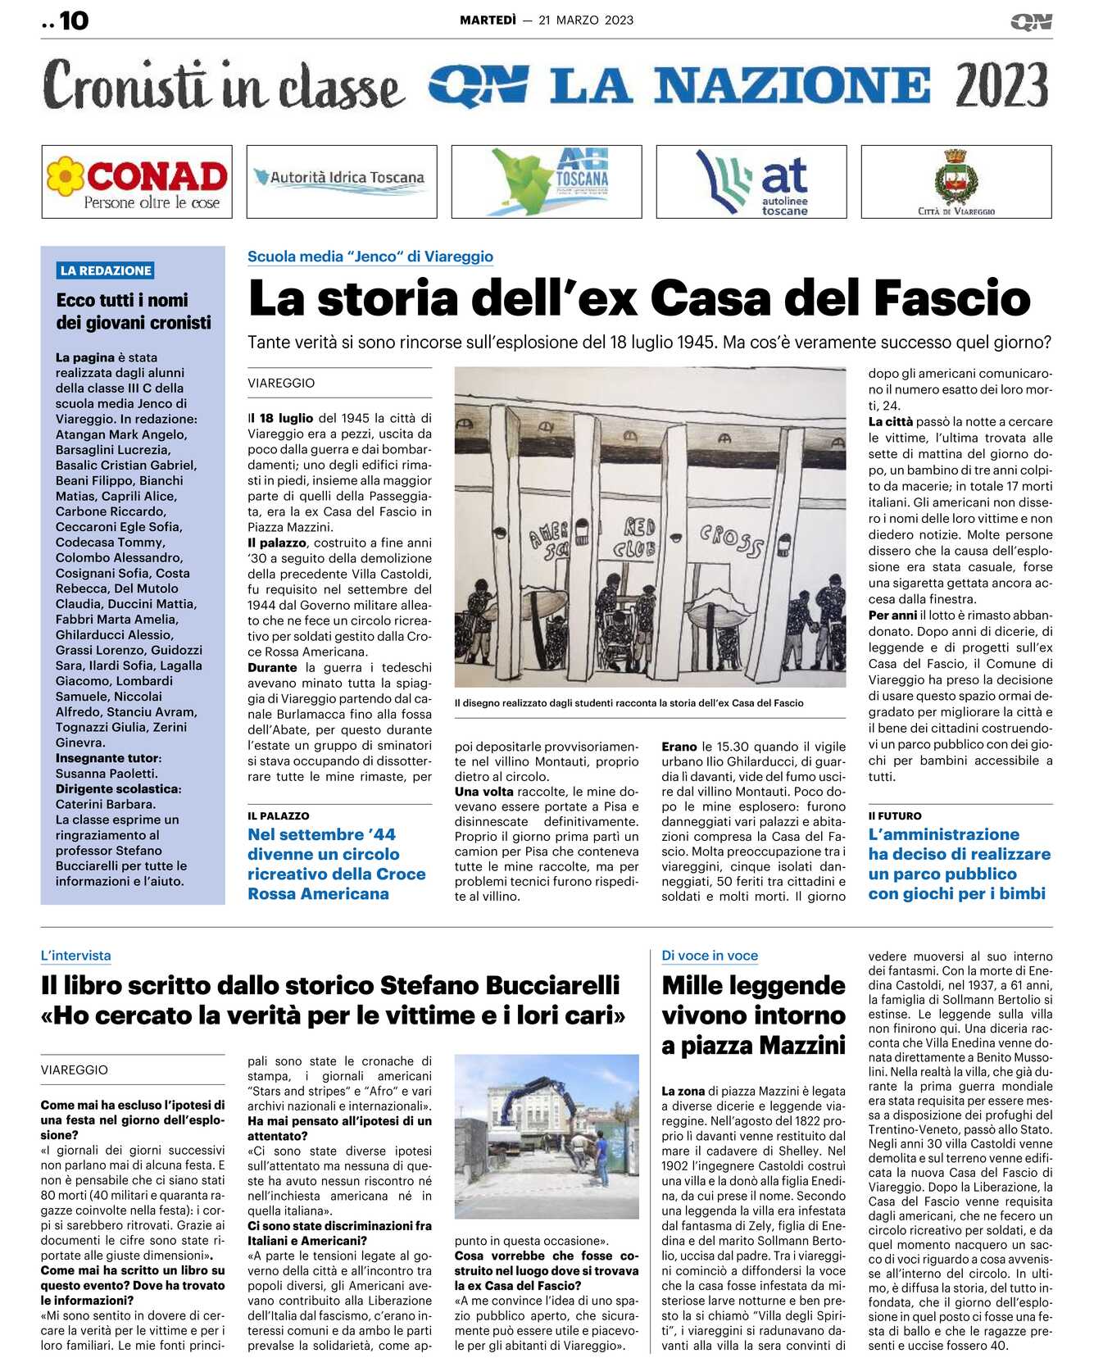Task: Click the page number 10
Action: pyautogui.click(x=74, y=20)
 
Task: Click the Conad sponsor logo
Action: pyautogui.click(x=137, y=182)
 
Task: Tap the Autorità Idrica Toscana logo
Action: pyautogui.click(x=341, y=179)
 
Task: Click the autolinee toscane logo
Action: pyautogui.click(x=751, y=182)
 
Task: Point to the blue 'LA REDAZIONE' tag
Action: pyautogui.click(x=106, y=270)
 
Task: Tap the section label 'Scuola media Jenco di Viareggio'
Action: pyautogui.click(x=370, y=257)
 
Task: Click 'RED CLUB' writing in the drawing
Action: pyautogui.click(x=639, y=538)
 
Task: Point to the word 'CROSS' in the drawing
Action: pyautogui.click(x=731, y=540)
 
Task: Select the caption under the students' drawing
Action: pyautogui.click(x=629, y=702)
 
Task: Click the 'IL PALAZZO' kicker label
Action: pyautogui.click(x=279, y=815)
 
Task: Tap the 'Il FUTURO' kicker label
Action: pyautogui.click(x=895, y=815)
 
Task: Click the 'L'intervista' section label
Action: pyautogui.click(x=75, y=956)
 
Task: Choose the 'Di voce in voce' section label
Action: pyautogui.click(x=710, y=956)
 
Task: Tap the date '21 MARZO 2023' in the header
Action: pyautogui.click(x=586, y=20)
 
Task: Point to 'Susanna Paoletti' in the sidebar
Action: pyautogui.click(x=107, y=774)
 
